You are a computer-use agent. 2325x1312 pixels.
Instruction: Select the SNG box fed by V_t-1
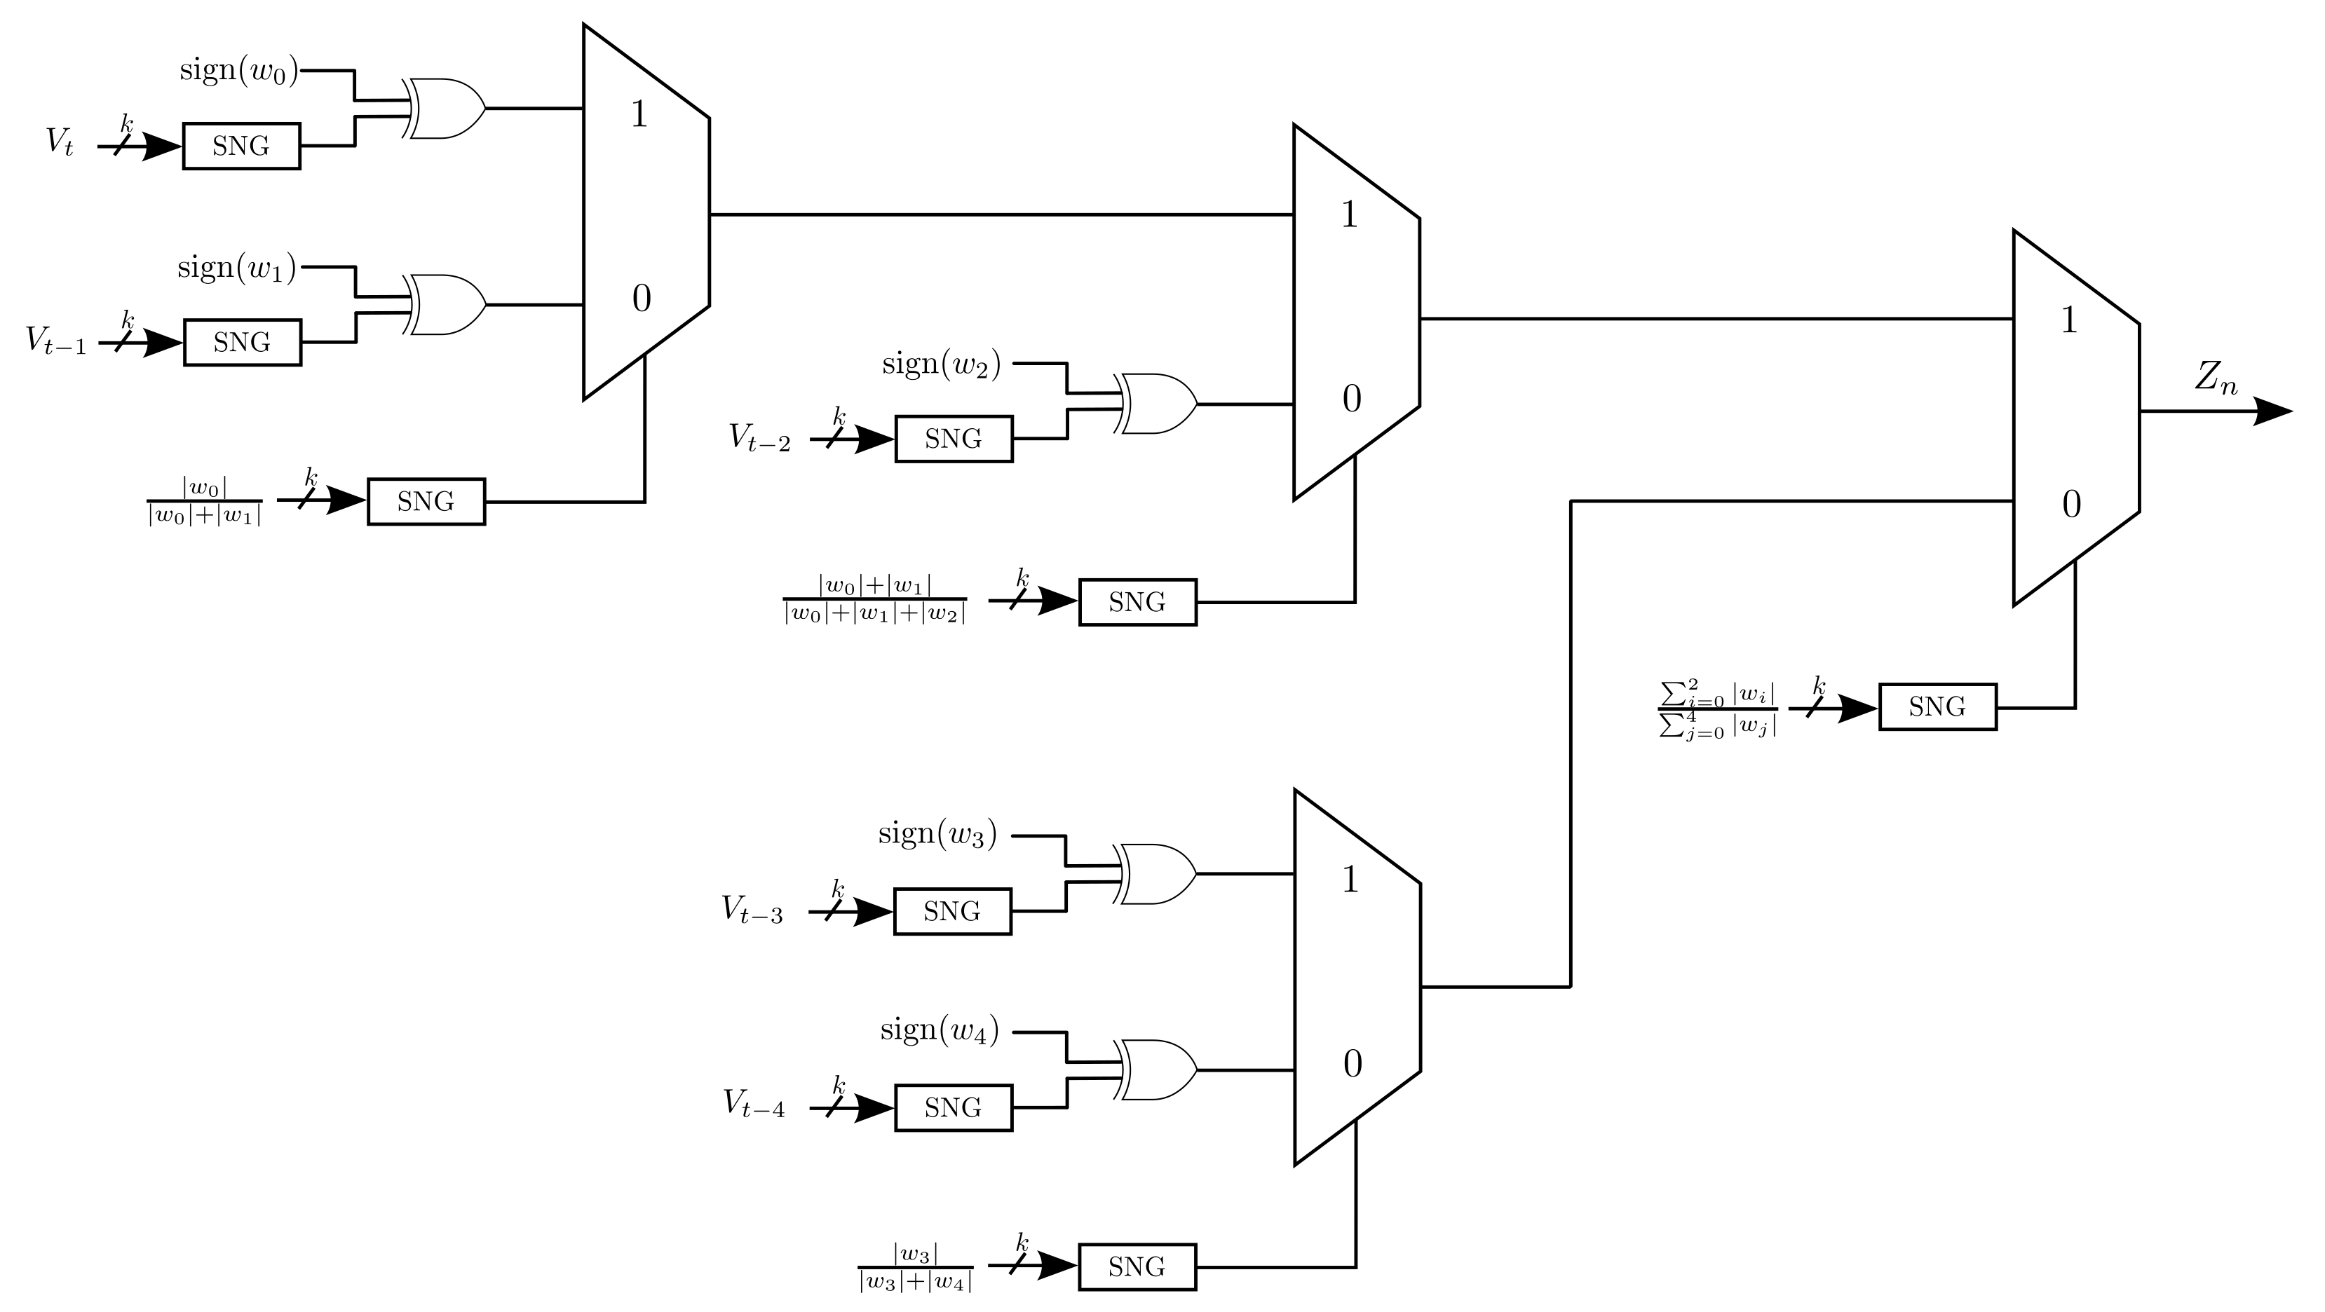242,343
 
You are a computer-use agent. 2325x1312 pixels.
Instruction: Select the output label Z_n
2216,378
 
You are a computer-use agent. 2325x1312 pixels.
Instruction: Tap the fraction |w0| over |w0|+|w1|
205,502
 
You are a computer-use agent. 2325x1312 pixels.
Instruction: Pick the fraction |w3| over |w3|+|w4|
915,1268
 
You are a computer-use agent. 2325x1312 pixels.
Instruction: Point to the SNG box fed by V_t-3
952,911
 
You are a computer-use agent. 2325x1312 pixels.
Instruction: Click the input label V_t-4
754,1105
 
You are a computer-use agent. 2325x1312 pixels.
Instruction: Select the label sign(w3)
937,835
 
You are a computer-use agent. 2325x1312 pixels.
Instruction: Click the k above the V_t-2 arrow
839,417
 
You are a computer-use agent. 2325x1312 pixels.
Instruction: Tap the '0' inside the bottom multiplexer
1352,1065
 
